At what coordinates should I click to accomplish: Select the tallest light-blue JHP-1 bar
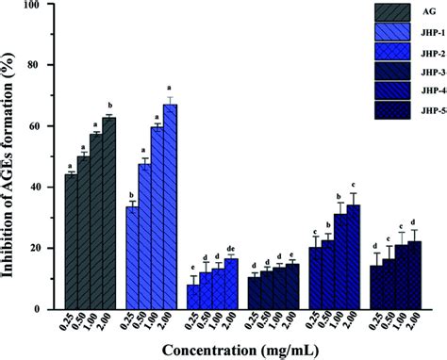tap(170, 206)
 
